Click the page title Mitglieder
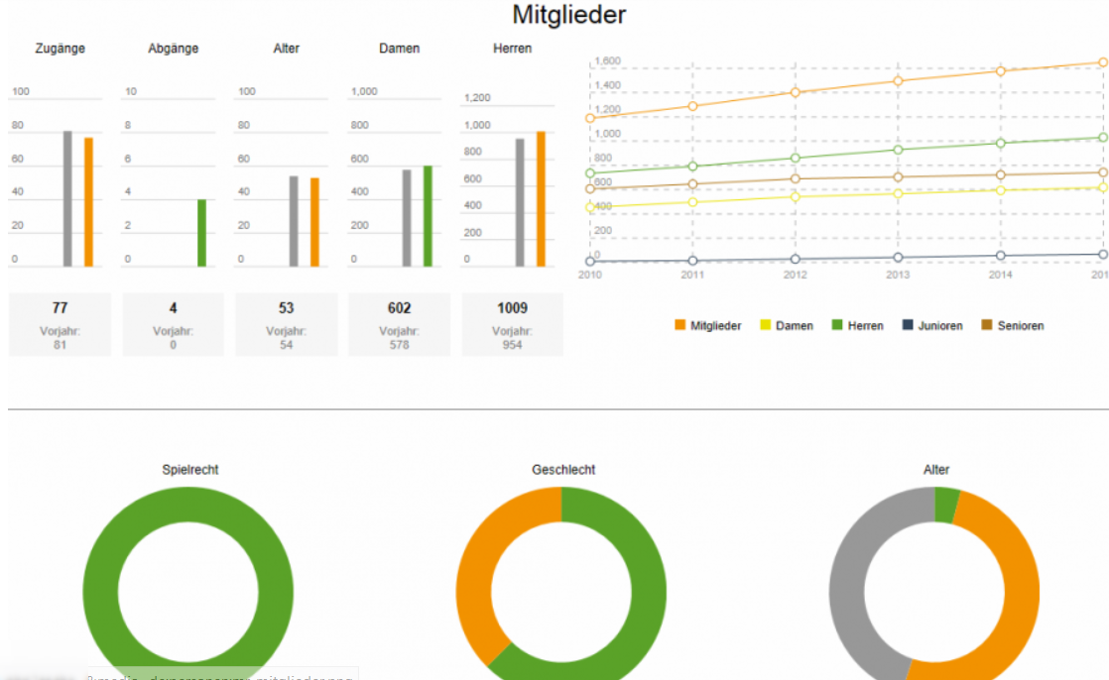[568, 15]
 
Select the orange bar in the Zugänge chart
[88, 202]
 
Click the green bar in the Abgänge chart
[201, 233]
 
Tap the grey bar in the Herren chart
[520, 202]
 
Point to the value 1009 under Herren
[512, 308]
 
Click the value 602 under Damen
[399, 308]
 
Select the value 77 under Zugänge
[60, 308]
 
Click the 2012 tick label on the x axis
[796, 275]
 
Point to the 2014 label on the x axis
[1000, 275]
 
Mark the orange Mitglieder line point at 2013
[898, 81]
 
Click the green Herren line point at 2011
[692, 167]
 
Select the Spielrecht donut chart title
[190, 470]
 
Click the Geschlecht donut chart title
[563, 470]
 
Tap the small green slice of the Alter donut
[946, 505]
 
